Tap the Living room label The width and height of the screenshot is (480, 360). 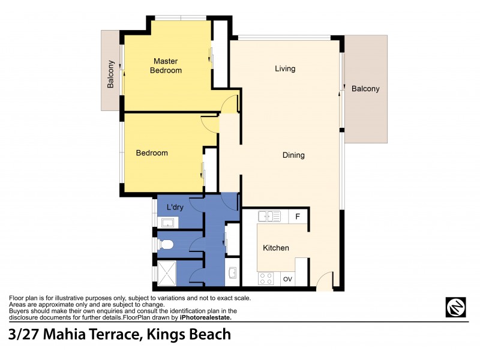point(285,68)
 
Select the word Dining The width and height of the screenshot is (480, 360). point(293,155)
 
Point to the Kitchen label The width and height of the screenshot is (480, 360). point(276,248)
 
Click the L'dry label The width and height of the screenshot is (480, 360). point(175,208)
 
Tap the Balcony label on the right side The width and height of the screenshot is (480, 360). point(365,89)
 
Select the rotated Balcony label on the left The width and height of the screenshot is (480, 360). point(111,75)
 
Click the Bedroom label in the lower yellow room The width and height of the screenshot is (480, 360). point(152,153)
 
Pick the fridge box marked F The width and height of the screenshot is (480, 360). point(298,216)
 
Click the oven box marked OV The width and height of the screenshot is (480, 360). point(287,279)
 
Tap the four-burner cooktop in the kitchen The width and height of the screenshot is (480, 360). point(265,278)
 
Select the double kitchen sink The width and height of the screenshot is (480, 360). point(269,216)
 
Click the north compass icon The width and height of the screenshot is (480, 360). point(456,307)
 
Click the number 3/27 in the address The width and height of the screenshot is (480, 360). point(26,335)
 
